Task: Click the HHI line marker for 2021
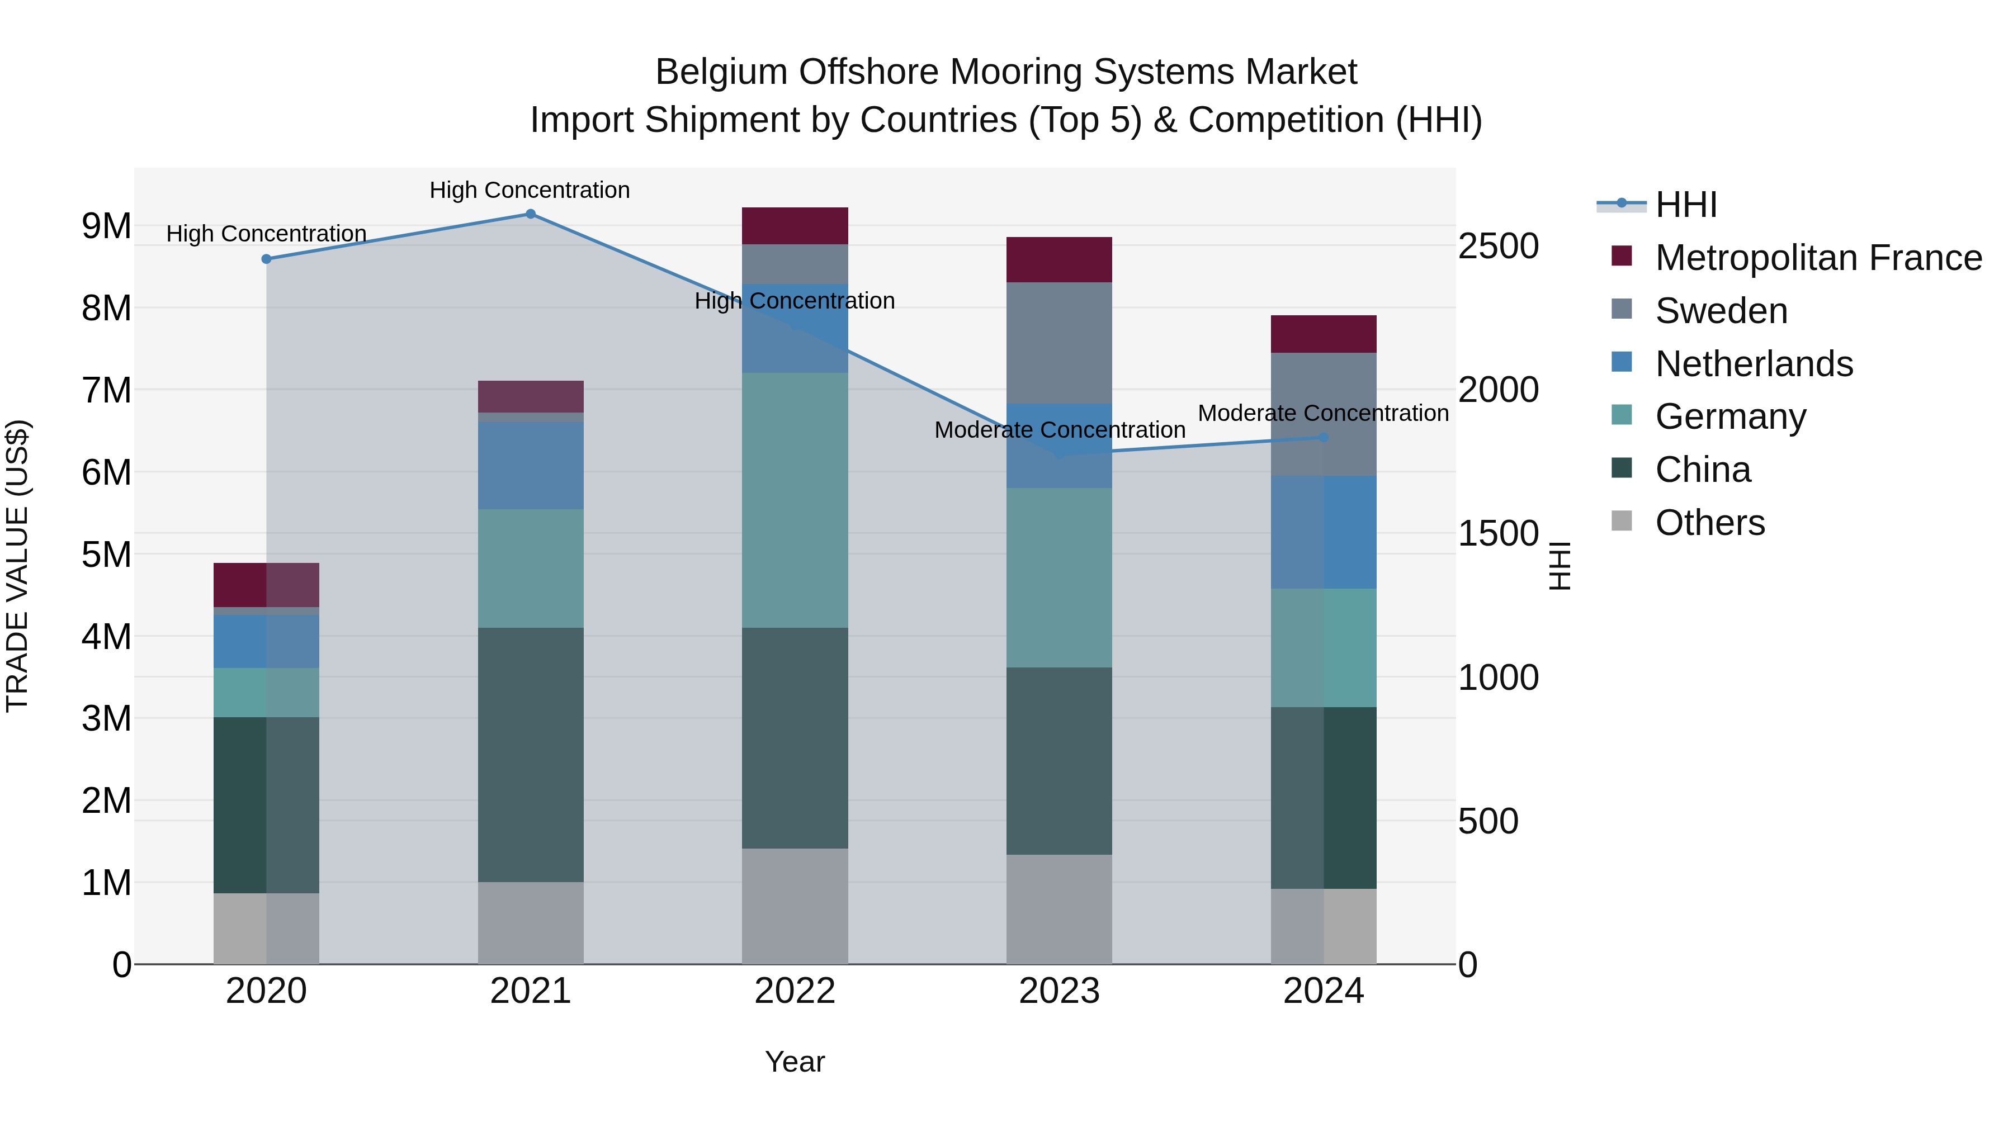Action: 531,214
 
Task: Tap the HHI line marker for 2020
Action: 267,259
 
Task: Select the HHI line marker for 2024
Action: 1324,438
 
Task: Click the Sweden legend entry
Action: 1721,311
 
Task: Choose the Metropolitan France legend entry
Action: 1818,258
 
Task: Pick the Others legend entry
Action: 1710,523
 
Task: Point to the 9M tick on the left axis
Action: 106,226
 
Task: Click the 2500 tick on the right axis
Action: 1498,246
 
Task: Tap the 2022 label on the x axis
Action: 795,991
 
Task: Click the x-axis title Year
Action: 795,1062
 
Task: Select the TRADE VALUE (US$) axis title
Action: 17,566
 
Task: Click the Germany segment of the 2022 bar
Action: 795,500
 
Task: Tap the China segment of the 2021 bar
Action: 531,755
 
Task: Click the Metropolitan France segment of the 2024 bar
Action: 1324,334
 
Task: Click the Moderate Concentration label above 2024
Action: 1323,413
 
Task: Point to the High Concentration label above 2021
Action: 530,190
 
